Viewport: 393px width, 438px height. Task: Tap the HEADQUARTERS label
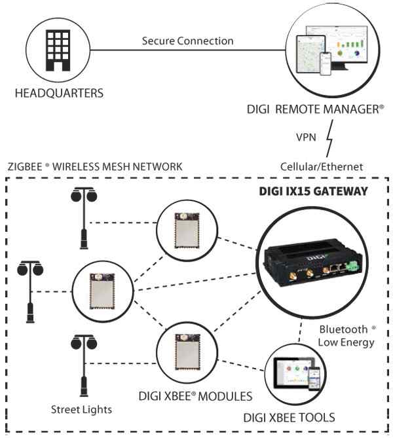pos(58,93)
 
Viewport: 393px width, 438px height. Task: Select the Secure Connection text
pos(187,41)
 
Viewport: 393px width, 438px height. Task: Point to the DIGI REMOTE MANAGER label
pos(326,110)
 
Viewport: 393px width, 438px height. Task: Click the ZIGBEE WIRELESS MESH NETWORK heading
pos(94,167)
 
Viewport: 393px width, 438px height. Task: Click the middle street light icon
pos(30,288)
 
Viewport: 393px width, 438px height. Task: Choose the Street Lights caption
pos(81,410)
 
